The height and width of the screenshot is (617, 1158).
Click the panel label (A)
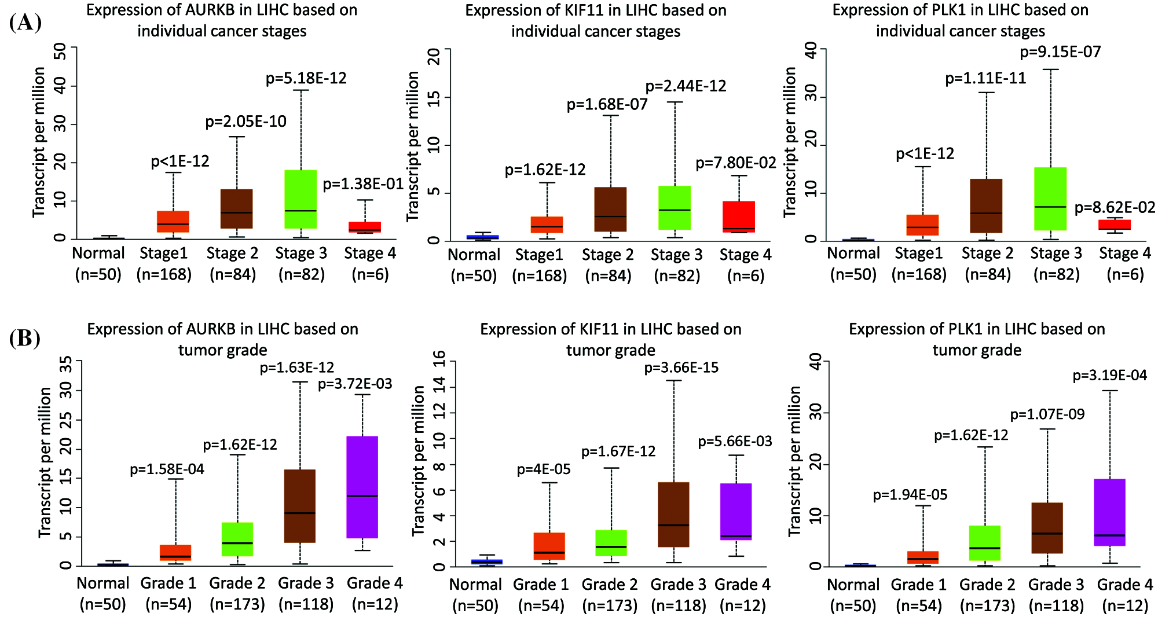[25, 23]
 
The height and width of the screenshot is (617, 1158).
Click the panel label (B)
[25, 338]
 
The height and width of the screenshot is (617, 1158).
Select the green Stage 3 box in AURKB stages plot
[301, 199]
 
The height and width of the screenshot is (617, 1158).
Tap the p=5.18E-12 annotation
[306, 78]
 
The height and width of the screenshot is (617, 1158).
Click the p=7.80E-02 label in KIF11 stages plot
[735, 163]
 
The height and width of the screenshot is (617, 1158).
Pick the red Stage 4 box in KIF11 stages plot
[739, 216]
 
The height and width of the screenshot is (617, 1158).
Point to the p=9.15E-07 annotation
[1060, 52]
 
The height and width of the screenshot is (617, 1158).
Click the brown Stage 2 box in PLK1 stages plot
[986, 206]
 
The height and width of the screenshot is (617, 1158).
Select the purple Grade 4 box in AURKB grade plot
[362, 487]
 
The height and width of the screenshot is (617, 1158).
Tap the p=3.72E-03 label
[355, 384]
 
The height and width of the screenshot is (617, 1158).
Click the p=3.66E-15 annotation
[681, 368]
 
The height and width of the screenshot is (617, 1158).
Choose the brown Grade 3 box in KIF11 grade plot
[673, 514]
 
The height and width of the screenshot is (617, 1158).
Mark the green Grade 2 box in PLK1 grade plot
[984, 543]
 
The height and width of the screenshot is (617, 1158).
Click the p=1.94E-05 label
[910, 495]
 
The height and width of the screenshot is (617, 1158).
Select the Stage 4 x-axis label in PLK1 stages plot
[1124, 254]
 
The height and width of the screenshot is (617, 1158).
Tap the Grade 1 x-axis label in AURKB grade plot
[168, 583]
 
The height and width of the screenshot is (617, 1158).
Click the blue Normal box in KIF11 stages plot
[483, 237]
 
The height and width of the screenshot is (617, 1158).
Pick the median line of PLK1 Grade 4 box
[1109, 535]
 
